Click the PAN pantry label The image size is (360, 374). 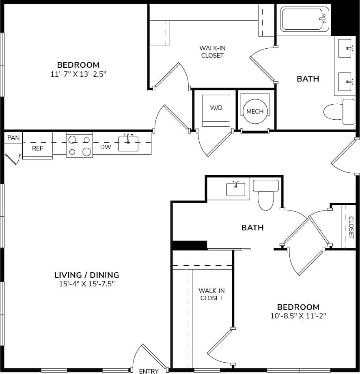pos(13,138)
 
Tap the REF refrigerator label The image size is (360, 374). pos(37,148)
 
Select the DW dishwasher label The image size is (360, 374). pos(106,147)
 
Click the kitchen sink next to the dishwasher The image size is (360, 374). pos(128,144)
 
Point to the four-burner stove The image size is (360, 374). pos(80,146)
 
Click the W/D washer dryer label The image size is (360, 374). pos(216,108)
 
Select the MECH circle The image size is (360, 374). pos(255,111)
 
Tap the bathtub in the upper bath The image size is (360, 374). pos(304,19)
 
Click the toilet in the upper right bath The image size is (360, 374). pos(338,112)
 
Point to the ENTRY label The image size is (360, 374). pos(149,371)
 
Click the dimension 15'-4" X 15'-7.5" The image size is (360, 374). pos(86,284)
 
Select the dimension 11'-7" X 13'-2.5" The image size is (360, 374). pos(78,74)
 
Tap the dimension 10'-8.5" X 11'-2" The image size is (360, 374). pos(298,316)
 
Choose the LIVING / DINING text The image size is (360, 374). pos(86,275)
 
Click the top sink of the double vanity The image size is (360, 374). pos(345,48)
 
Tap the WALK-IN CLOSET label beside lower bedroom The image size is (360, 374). pos(211,294)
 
